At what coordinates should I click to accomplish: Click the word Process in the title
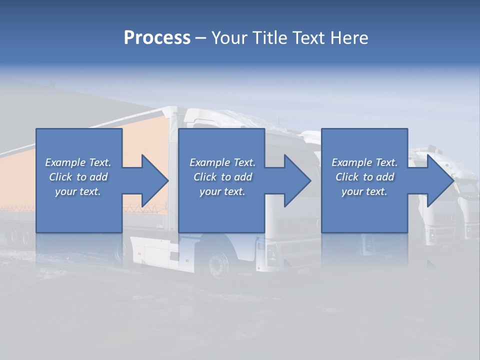157,38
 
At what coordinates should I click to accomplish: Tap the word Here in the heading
349,38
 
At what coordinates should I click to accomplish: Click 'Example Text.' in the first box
78,162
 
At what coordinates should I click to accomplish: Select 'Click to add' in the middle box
222,177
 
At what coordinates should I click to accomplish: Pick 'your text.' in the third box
364,191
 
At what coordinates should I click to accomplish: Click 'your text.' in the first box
78,191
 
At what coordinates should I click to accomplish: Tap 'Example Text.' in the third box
364,162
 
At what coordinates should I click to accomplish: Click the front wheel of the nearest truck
218,264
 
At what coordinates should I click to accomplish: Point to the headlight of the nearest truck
271,254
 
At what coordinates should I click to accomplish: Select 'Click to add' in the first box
78,177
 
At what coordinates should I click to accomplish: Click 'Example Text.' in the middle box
222,162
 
